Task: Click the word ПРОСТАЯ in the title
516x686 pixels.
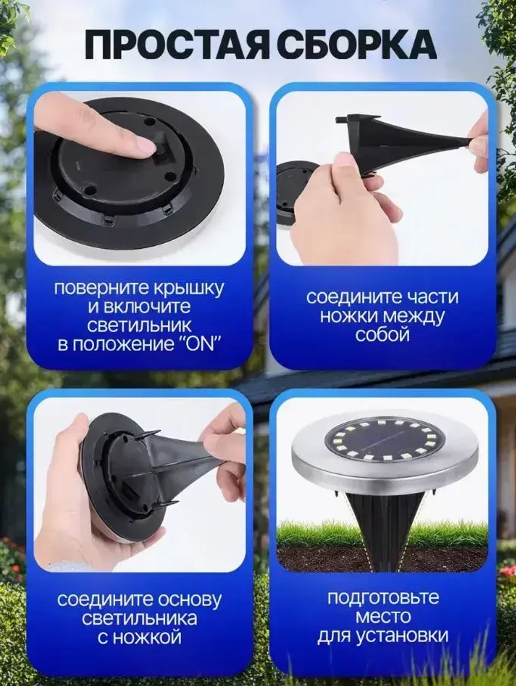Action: (x=176, y=45)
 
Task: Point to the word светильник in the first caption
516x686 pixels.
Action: (x=139, y=326)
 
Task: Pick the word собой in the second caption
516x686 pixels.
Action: (x=382, y=334)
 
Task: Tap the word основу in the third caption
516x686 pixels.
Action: (x=189, y=600)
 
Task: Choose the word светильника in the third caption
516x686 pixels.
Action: (x=139, y=618)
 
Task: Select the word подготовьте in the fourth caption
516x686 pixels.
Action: (x=383, y=598)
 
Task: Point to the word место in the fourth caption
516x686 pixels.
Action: (x=383, y=616)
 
